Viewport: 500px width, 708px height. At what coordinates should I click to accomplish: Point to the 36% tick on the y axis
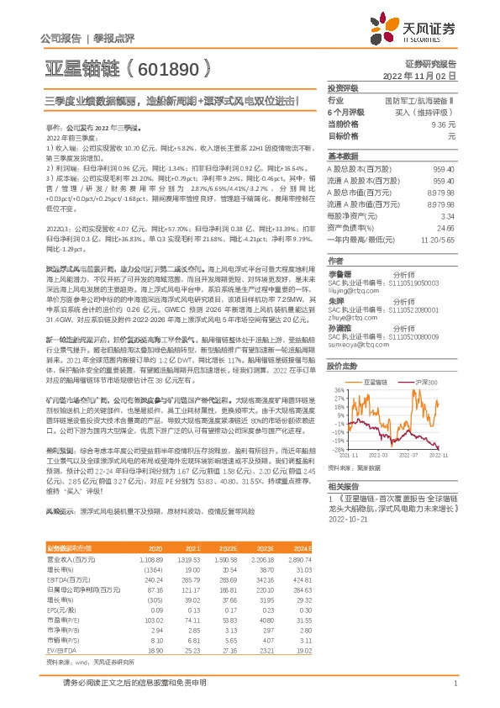point(339,390)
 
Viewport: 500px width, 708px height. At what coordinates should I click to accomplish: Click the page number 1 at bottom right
point(455,684)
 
